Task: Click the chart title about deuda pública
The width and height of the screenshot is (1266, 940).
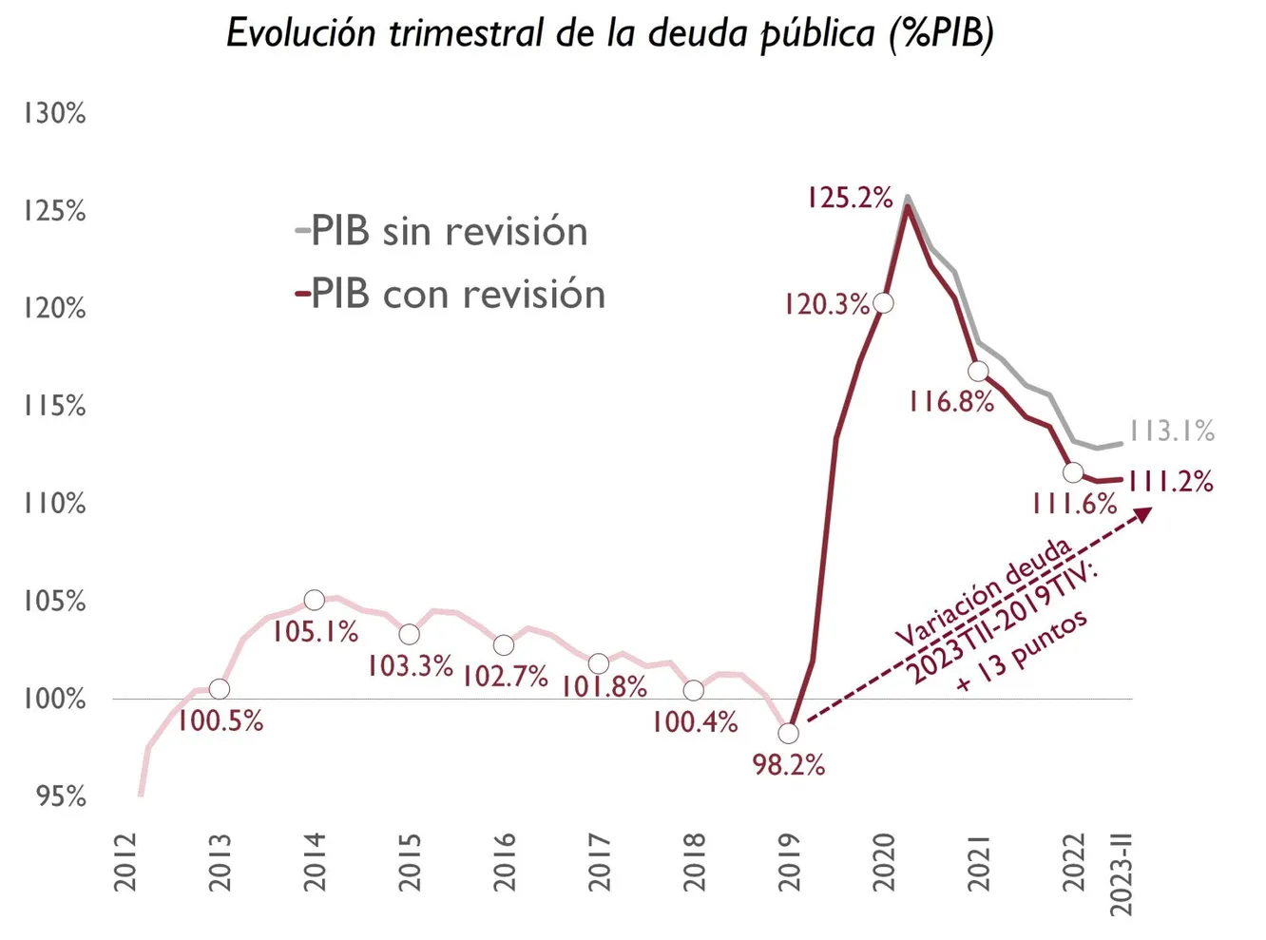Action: click(x=609, y=34)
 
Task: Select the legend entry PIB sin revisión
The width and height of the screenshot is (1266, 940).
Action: click(x=442, y=232)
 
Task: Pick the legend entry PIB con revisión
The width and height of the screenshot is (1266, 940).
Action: click(x=451, y=295)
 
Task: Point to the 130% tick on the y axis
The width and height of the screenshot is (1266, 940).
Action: click(x=54, y=114)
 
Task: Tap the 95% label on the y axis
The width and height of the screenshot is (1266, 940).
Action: click(x=61, y=796)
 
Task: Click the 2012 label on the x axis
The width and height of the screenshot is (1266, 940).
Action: click(x=125, y=862)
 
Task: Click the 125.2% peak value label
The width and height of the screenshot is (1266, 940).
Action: click(x=850, y=198)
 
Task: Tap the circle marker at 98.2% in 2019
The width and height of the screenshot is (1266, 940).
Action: click(x=788, y=734)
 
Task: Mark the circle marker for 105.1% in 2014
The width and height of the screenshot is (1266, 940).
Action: click(x=315, y=600)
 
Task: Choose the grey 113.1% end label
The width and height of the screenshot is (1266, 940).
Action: click(x=1172, y=432)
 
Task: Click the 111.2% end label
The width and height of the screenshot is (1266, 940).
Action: click(x=1170, y=482)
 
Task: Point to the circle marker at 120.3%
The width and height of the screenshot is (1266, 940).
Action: click(x=883, y=303)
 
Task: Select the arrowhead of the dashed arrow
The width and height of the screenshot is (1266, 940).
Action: click(x=1144, y=514)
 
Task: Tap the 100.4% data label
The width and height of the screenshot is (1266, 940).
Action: click(x=695, y=722)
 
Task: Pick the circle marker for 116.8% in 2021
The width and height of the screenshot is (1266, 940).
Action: click(x=978, y=371)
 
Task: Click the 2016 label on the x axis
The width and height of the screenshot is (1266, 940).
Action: click(x=505, y=862)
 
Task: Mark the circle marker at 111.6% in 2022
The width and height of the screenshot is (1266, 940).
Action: click(x=1073, y=471)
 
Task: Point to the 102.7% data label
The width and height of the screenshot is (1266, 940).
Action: click(x=505, y=677)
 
